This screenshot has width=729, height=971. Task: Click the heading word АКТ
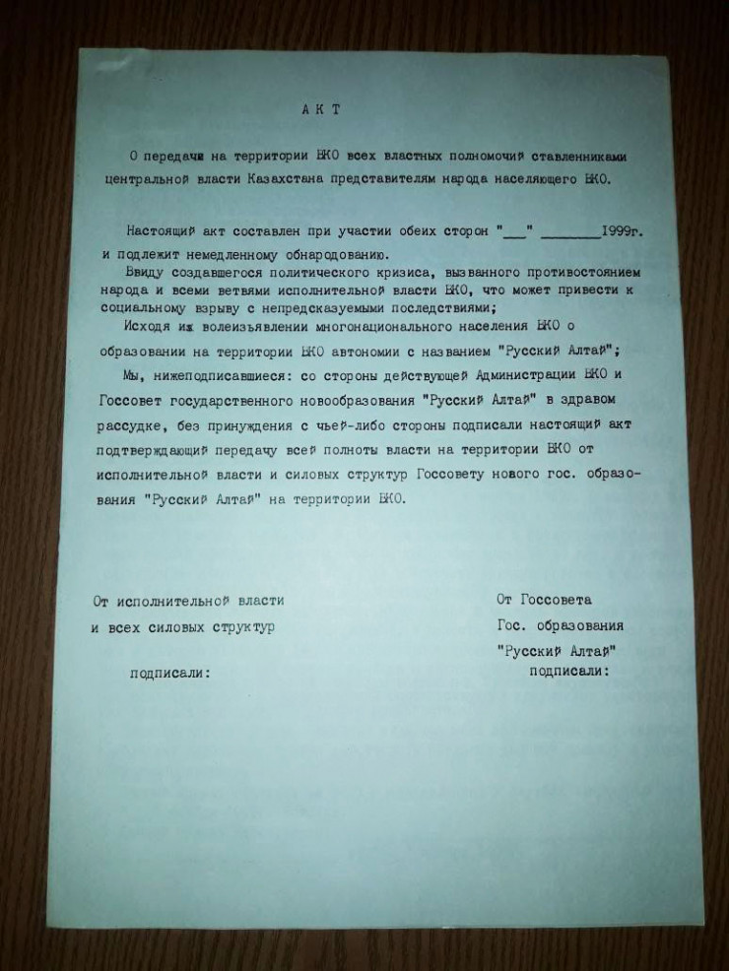(321, 110)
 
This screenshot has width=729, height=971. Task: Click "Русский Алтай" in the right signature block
(558, 650)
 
